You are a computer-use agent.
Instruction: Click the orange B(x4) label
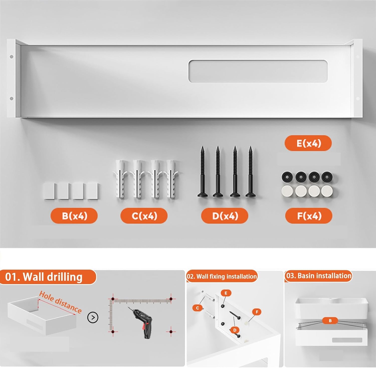tap(74, 216)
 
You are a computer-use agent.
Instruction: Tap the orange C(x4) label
tap(144, 216)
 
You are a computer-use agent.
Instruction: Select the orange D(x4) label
tap(225, 216)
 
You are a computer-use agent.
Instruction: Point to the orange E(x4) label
tap(308, 143)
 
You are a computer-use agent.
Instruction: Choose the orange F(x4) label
tap(309, 216)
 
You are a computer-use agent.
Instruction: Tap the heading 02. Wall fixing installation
tap(222, 276)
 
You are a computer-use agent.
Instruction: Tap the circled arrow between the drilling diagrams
tap(93, 317)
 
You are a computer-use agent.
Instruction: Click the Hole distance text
tap(60, 302)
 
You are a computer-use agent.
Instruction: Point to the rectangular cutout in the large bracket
tap(258, 71)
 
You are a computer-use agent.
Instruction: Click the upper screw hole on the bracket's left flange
tap(11, 57)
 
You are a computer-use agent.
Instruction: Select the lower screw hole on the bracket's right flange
tap(358, 99)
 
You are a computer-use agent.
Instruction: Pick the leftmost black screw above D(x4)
tap(202, 171)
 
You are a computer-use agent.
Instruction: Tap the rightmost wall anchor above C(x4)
tap(172, 179)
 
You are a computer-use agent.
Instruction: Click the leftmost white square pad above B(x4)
tap(49, 191)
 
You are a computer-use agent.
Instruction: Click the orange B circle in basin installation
tap(330, 320)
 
